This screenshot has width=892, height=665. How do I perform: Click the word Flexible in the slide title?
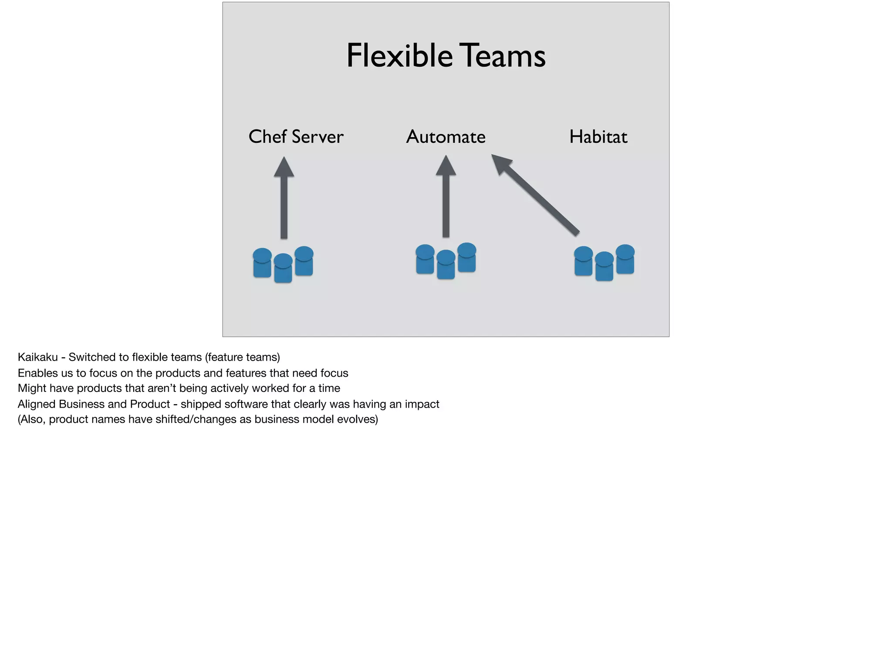point(399,56)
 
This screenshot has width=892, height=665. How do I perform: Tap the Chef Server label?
point(296,137)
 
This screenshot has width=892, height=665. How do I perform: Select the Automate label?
point(446,137)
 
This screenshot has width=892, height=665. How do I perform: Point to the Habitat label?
point(598,137)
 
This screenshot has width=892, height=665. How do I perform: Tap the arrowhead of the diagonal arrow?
point(501,163)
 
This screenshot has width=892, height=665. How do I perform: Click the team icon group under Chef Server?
point(283,264)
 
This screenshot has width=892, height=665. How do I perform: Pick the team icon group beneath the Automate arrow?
point(446,261)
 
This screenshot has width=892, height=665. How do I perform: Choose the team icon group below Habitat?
point(604,263)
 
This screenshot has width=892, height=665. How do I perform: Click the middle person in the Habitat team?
point(604,267)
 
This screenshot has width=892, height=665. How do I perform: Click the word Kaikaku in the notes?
point(37,358)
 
